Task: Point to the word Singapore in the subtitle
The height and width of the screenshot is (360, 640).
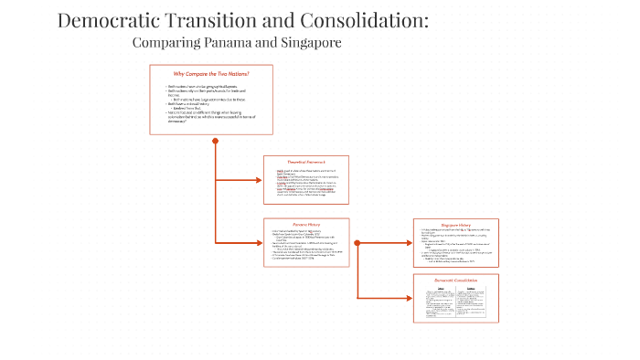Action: coord(315,43)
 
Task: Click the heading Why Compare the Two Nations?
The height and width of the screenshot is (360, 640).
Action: coord(211,74)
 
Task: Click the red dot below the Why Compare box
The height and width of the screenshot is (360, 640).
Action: coord(216,141)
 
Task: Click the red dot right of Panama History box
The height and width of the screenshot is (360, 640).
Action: coord(357,242)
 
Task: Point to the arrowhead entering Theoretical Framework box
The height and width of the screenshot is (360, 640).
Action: coord(260,180)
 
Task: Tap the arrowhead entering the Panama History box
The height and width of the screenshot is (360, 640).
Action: coord(260,242)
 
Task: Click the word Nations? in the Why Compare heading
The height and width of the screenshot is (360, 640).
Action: coord(237,74)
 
